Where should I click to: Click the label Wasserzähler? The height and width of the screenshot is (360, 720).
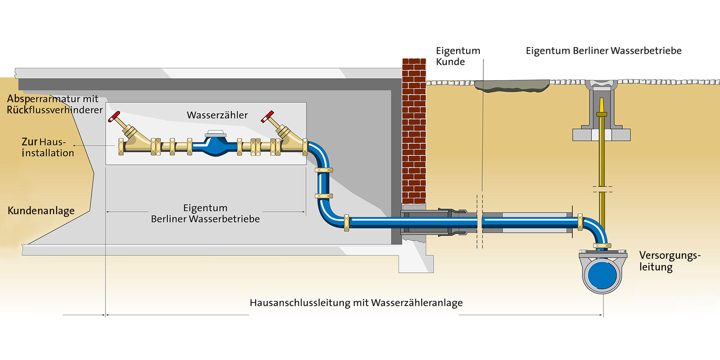(x=217, y=115)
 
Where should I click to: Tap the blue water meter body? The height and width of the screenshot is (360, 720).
(x=216, y=146)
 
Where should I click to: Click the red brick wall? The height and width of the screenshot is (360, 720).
(x=414, y=130)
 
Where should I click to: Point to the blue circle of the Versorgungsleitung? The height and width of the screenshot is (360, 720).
(x=602, y=275)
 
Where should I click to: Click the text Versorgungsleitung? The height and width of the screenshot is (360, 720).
(x=669, y=261)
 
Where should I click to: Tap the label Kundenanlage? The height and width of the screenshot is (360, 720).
(x=41, y=211)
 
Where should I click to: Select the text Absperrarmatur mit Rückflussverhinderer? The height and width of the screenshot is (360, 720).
(x=54, y=104)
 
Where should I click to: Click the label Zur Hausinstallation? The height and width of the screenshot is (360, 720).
(x=47, y=147)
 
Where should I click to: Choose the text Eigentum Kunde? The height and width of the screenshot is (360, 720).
(x=458, y=56)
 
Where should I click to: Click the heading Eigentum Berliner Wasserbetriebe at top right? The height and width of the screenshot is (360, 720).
(x=603, y=51)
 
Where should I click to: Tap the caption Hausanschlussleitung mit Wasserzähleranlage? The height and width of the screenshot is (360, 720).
(x=356, y=303)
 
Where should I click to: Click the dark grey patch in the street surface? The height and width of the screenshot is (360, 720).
(x=512, y=85)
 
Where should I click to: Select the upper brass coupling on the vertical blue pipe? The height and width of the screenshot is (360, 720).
(x=324, y=170)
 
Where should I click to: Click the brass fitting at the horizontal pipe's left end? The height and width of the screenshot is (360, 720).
(x=346, y=223)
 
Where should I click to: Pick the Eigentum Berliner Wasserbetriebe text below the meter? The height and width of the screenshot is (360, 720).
(x=205, y=214)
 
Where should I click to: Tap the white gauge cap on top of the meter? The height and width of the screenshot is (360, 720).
(x=215, y=133)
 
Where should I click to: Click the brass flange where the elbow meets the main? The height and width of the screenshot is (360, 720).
(x=602, y=246)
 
